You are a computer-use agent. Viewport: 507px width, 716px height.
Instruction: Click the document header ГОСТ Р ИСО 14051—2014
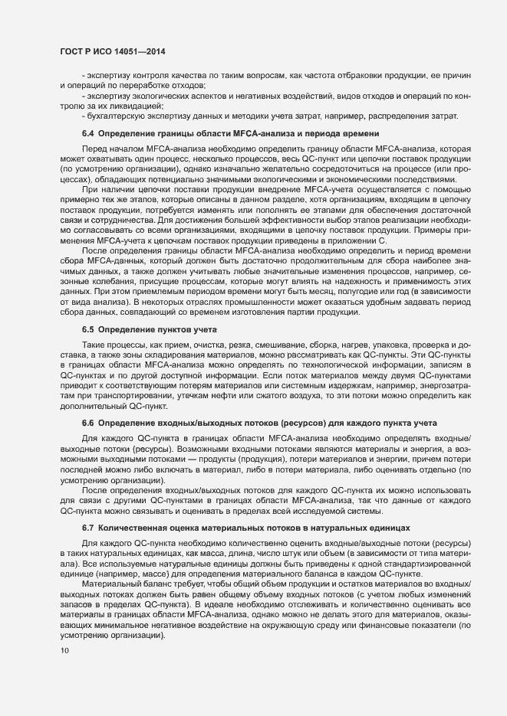[113, 51]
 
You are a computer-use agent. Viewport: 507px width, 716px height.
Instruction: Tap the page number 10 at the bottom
[64, 672]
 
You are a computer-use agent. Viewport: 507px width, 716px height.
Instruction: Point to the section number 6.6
[88, 423]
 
